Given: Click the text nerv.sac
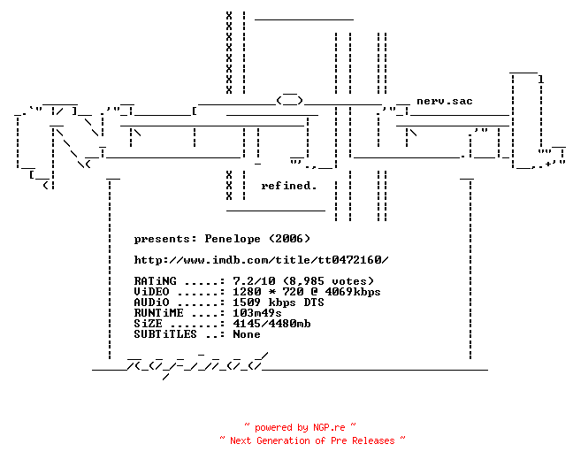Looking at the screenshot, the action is click(445, 101).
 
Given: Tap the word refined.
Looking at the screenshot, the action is click(288, 186).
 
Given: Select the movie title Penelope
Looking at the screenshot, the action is click(233, 239).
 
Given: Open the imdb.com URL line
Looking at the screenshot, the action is click(261, 260).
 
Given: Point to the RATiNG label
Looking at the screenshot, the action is click(155, 281).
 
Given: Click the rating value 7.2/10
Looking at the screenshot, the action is click(254, 281).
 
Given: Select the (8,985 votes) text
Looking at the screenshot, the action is click(328, 281).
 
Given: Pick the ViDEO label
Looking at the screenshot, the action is click(151, 292).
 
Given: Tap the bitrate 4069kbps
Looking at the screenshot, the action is click(353, 292).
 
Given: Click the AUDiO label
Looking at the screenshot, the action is click(151, 302).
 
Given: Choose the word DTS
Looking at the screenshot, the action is click(314, 302).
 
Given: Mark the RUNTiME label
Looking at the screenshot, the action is click(158, 313).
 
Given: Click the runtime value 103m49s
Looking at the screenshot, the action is click(257, 313).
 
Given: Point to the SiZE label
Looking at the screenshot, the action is click(148, 324).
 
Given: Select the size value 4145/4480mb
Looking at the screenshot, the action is click(271, 324).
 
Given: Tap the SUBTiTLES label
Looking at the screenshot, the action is click(165, 334).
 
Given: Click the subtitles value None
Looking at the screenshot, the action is click(247, 334).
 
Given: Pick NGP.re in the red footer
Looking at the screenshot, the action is click(329, 427).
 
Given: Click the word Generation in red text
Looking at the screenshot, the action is click(283, 440).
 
